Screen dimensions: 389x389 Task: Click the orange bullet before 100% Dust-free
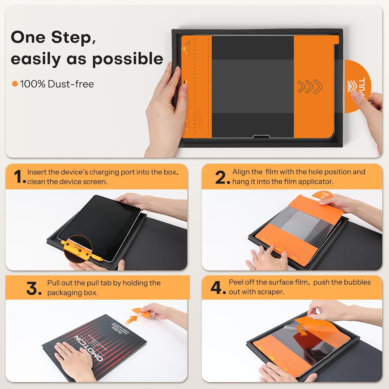[15, 84]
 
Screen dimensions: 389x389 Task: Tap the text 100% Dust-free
[57, 84]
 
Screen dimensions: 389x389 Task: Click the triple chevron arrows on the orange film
[310, 87]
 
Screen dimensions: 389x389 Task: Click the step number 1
[18, 177]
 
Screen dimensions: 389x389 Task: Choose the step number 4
[217, 288]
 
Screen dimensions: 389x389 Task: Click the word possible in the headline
[128, 59]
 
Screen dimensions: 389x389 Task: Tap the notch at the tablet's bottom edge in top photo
[261, 136]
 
